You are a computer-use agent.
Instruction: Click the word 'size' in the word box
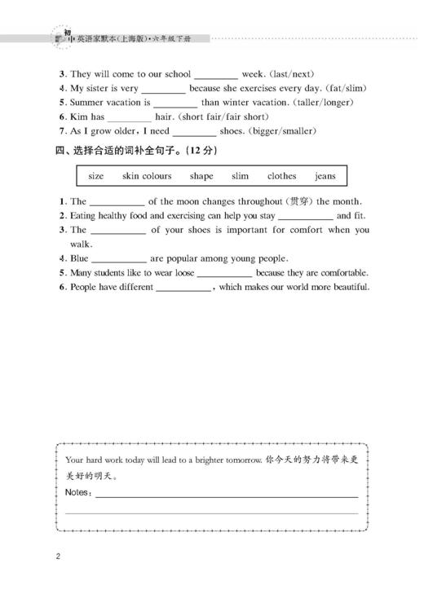click(x=96, y=176)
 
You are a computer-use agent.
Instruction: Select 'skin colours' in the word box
click(x=147, y=176)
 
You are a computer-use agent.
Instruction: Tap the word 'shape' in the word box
click(x=201, y=176)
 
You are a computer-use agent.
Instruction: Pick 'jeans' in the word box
click(x=325, y=176)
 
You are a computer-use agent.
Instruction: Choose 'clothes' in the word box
click(x=281, y=176)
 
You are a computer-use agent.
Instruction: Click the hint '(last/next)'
click(x=291, y=73)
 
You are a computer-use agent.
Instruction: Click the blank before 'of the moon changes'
click(x=117, y=201)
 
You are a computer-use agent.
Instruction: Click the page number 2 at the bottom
click(x=59, y=557)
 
